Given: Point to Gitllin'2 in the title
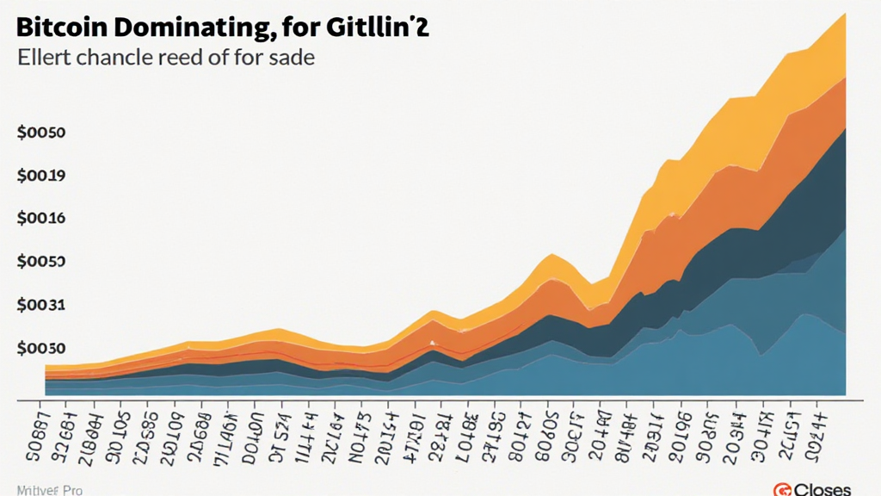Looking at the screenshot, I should pyautogui.click(x=379, y=27).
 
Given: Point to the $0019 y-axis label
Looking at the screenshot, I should pyautogui.click(x=41, y=177).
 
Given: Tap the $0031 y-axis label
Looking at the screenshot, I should pyautogui.click(x=41, y=306).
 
